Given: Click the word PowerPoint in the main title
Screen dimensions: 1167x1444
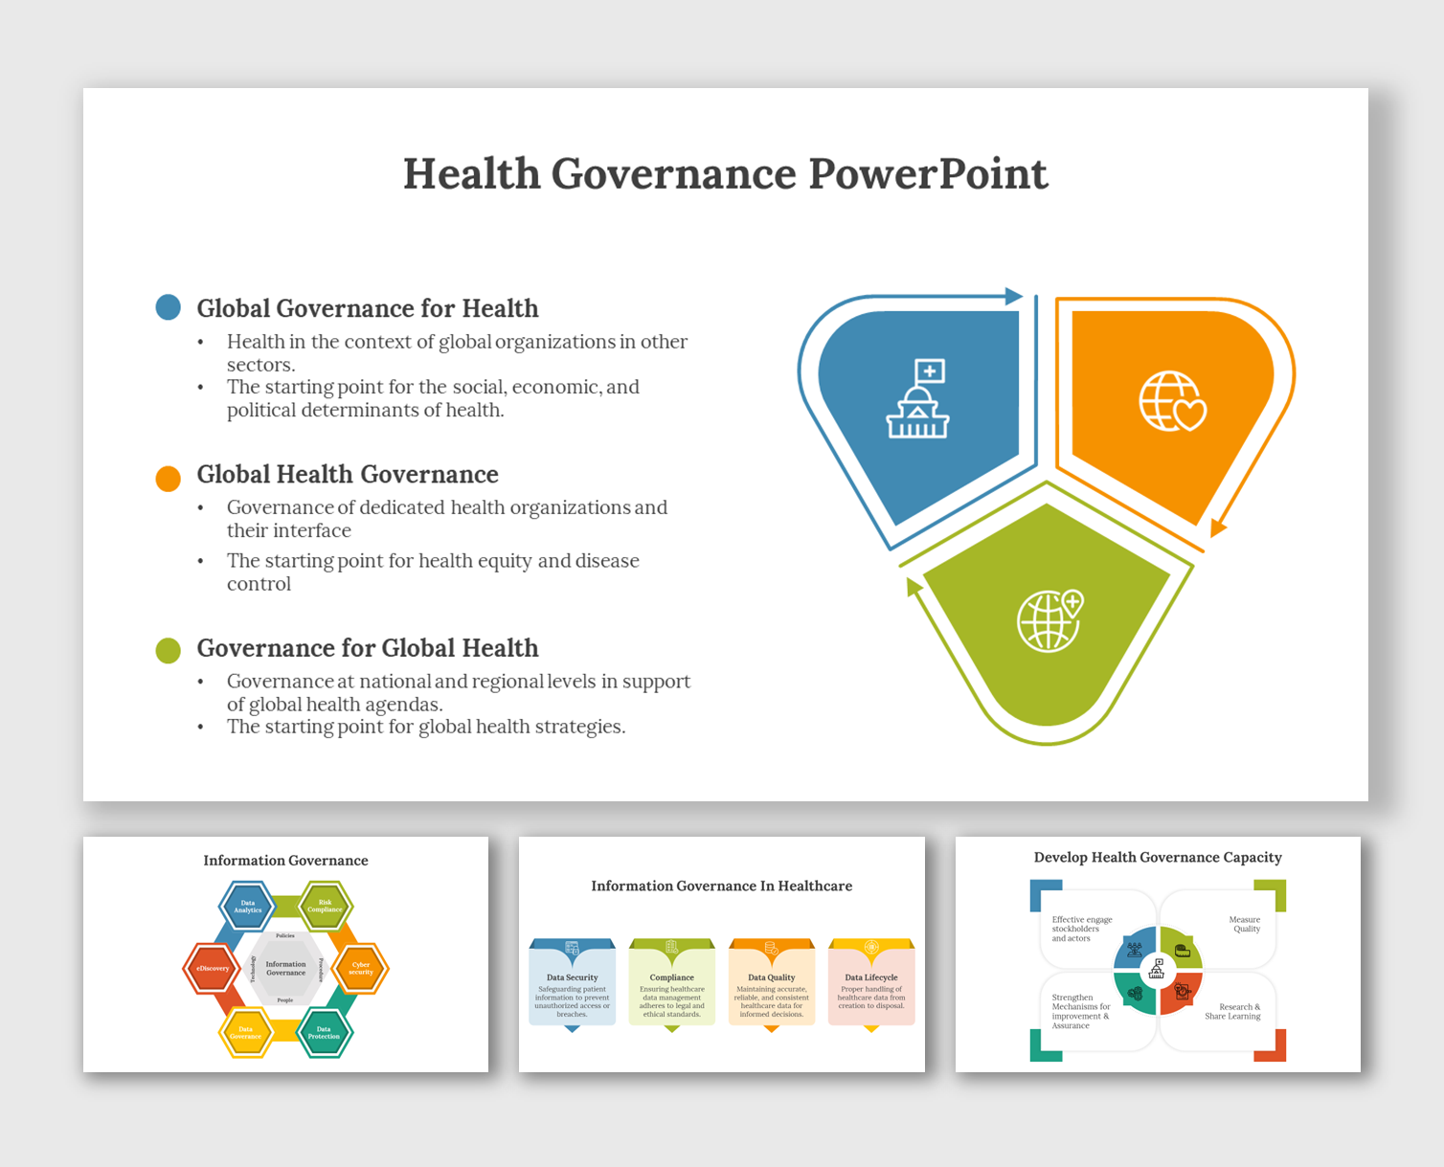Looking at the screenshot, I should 927,174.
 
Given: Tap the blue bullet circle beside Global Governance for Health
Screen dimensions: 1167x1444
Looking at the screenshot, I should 169,307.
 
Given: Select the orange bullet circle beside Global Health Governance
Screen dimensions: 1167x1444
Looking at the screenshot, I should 169,479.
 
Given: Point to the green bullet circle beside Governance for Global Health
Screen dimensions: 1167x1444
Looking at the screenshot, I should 169,651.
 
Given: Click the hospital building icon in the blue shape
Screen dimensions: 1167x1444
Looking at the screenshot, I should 918,399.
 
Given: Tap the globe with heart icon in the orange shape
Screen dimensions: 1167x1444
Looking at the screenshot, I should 1172,401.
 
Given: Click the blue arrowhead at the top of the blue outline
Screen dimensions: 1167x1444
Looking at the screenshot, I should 1014,296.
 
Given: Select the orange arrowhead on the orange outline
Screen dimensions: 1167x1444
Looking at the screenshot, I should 1217,527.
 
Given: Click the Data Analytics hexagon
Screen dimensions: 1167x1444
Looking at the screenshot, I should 248,906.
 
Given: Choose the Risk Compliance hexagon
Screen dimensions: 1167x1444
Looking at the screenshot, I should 325,906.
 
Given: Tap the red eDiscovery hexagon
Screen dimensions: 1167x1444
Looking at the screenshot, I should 213,968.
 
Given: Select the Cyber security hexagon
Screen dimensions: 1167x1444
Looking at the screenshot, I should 360,968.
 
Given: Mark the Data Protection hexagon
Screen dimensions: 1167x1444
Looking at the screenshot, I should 324,1032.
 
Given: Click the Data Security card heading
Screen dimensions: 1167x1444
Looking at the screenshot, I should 572,977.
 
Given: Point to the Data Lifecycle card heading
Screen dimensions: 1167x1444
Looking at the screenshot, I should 871,977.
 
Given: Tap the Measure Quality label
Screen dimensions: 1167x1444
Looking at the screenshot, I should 1245,924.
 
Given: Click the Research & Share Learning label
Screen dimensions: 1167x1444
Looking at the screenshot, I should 1233,1011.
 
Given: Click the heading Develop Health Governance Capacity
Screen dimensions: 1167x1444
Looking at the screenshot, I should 1158,858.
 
